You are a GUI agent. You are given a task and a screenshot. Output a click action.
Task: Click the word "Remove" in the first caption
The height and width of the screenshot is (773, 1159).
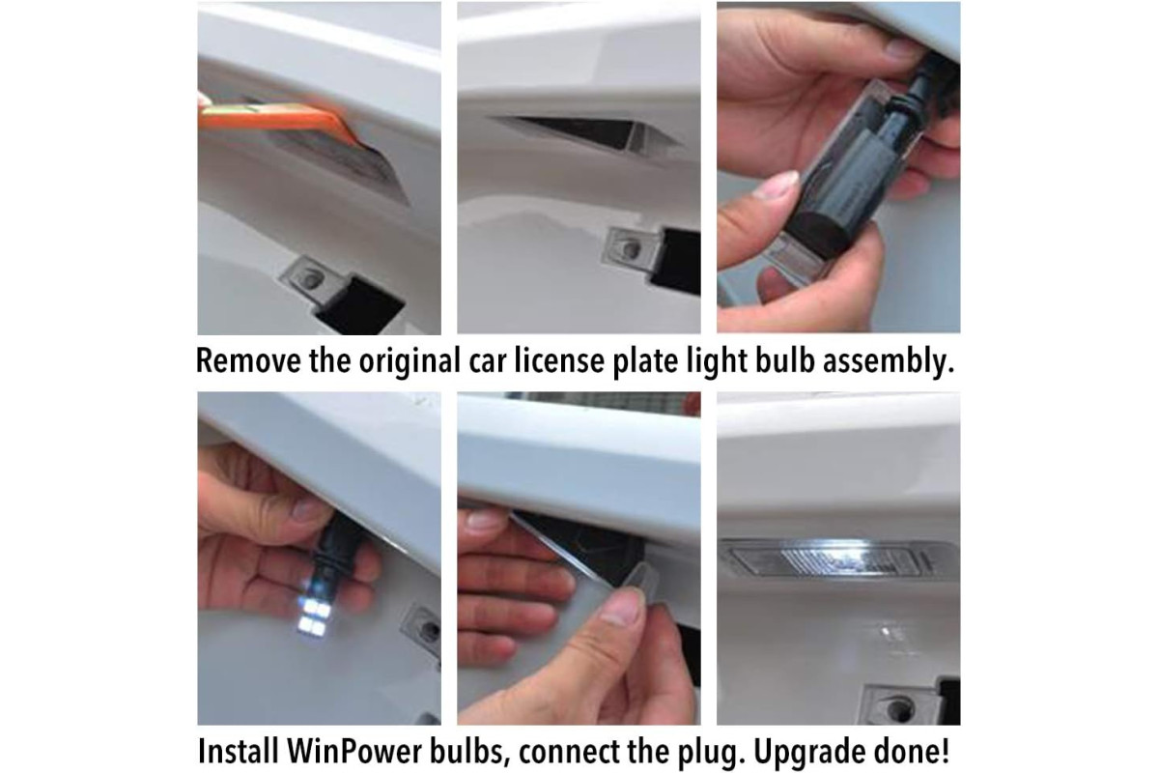click(248, 360)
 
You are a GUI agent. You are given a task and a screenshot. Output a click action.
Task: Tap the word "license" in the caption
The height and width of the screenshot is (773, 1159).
click(559, 360)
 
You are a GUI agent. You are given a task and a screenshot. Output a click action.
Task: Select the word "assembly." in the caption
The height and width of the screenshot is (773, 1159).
click(889, 361)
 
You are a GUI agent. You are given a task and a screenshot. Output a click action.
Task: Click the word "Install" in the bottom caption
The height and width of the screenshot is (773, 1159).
click(239, 751)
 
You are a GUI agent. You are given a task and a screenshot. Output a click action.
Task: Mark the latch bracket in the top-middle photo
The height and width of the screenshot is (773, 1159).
click(633, 249)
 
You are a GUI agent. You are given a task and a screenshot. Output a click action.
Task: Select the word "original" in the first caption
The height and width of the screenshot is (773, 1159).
click(410, 361)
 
